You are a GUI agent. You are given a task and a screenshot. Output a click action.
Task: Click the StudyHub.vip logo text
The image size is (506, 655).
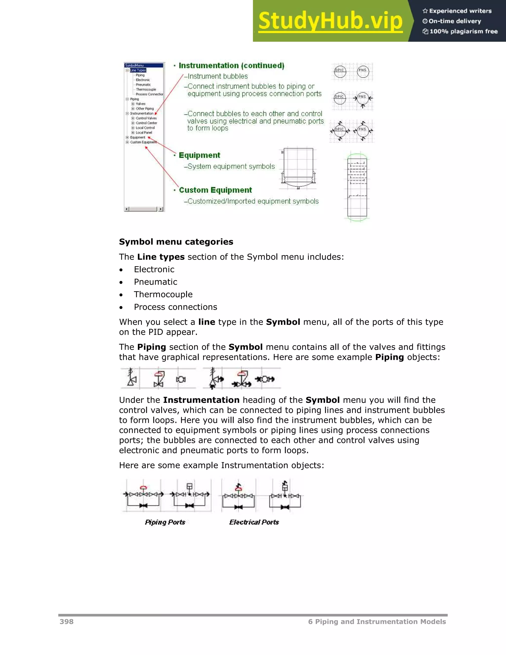click(330, 21)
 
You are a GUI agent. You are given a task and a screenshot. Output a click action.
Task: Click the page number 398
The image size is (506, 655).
click(66, 621)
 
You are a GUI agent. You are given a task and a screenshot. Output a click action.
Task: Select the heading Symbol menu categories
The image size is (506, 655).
click(176, 242)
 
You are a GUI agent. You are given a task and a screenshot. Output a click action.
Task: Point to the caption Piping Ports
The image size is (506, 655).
click(165, 522)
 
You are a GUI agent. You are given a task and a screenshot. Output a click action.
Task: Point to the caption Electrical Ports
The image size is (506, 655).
click(254, 522)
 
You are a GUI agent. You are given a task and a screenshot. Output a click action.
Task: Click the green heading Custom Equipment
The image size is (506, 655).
click(215, 190)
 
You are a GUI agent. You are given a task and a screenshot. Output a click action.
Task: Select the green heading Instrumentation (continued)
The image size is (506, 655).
click(232, 65)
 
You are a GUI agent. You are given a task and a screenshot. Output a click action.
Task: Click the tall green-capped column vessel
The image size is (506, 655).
click(357, 187)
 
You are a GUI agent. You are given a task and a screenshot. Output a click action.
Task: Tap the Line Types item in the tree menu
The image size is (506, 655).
click(138, 70)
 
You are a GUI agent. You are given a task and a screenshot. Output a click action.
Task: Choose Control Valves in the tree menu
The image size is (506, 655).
click(146, 118)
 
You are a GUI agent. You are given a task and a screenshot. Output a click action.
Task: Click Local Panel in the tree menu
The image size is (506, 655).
click(144, 132)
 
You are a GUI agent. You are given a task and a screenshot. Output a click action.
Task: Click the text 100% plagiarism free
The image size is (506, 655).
click(463, 31)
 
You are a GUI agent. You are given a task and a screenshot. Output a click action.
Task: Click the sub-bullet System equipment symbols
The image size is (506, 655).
click(231, 166)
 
